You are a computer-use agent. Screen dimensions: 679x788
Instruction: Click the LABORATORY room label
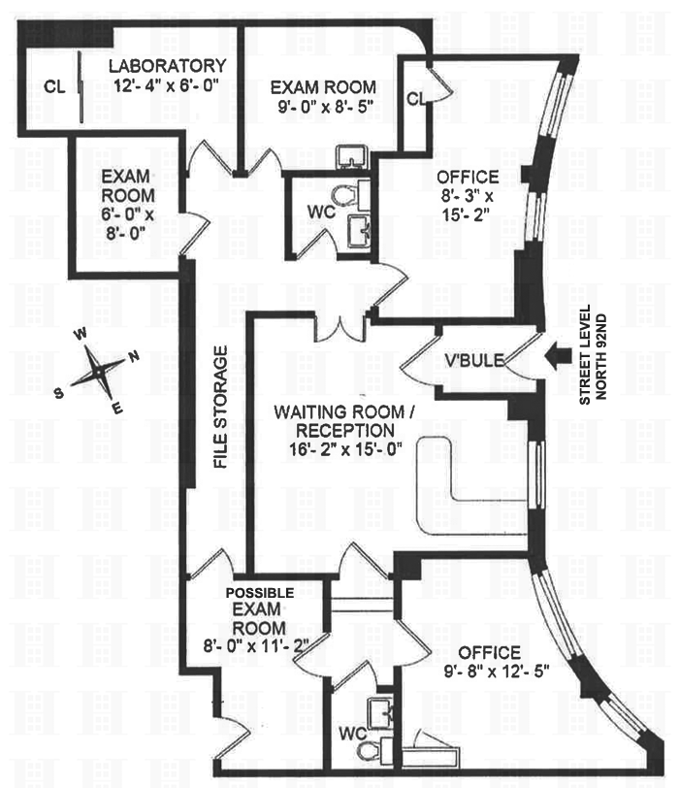[167, 66]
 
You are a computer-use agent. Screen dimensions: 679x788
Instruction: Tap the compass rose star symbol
[99, 372]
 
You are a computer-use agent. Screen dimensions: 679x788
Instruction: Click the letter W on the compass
[80, 334]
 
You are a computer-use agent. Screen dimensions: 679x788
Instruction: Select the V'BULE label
[474, 360]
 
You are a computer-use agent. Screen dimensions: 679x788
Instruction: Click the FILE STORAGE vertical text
[220, 407]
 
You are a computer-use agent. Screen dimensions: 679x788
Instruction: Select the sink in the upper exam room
[351, 156]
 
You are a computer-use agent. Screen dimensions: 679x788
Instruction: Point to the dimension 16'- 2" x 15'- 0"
[345, 448]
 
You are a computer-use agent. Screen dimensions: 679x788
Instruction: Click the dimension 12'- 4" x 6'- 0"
[167, 85]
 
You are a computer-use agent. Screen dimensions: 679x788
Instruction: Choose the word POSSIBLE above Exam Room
[260, 593]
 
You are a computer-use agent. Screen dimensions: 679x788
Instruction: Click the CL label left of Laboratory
[54, 87]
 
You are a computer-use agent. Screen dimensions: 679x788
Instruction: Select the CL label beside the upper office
[416, 99]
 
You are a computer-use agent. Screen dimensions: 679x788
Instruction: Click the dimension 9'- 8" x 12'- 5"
[497, 672]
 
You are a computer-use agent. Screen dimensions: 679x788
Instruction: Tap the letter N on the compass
[133, 357]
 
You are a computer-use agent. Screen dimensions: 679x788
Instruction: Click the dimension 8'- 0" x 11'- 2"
[256, 644]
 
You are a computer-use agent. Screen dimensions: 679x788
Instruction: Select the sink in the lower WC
[383, 712]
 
